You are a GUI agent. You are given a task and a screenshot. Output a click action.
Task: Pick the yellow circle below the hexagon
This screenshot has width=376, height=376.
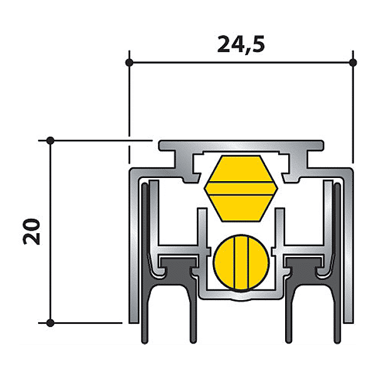pos(241,262)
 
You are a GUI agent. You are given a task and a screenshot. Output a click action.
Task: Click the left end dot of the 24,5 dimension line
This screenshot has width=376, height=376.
pos(130,63)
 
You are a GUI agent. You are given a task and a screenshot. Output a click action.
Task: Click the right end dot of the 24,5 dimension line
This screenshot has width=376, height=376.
pos(353,63)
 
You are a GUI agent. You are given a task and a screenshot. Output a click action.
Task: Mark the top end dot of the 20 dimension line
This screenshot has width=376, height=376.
pos(51,140)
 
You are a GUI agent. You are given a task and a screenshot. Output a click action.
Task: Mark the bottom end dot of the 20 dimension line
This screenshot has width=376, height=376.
pos(51,323)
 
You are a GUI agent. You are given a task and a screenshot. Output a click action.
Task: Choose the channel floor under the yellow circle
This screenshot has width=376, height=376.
pos(241,295)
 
